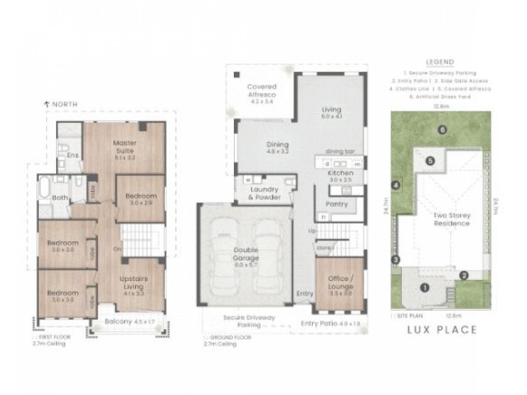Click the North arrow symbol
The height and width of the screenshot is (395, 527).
pyautogui.click(x=45, y=103)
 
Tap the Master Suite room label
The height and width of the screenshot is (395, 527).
pyautogui.click(x=123, y=149)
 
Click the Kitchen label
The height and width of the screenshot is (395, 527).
pyautogui.click(x=341, y=176)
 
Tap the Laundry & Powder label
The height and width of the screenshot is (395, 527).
pyautogui.click(x=263, y=194)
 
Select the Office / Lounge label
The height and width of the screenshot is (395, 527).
pyautogui.click(x=341, y=282)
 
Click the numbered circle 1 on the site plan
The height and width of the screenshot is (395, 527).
pyautogui.click(x=425, y=287)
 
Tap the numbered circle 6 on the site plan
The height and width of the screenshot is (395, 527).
pyautogui.click(x=442, y=129)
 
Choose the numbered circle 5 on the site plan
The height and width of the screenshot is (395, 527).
pyautogui.click(x=429, y=160)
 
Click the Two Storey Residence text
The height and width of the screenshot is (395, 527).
pyautogui.click(x=451, y=219)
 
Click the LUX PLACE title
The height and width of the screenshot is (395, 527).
pyautogui.click(x=441, y=330)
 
